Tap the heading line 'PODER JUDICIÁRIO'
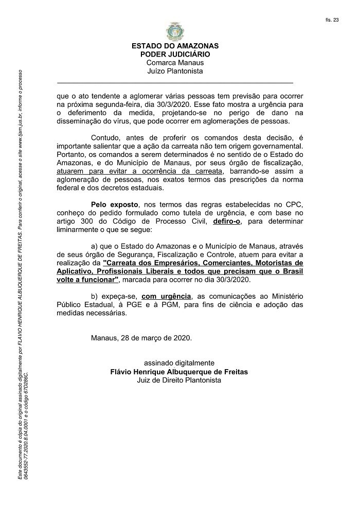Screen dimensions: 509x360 click(175, 54)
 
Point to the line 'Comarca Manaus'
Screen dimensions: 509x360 click(175, 63)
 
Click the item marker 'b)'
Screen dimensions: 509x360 click(95, 297)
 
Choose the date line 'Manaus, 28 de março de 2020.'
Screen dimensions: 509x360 click(141, 339)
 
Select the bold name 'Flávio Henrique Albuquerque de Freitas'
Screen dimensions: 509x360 click(179, 372)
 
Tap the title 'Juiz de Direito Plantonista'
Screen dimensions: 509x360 click(179, 380)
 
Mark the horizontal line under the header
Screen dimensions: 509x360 click(175, 83)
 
